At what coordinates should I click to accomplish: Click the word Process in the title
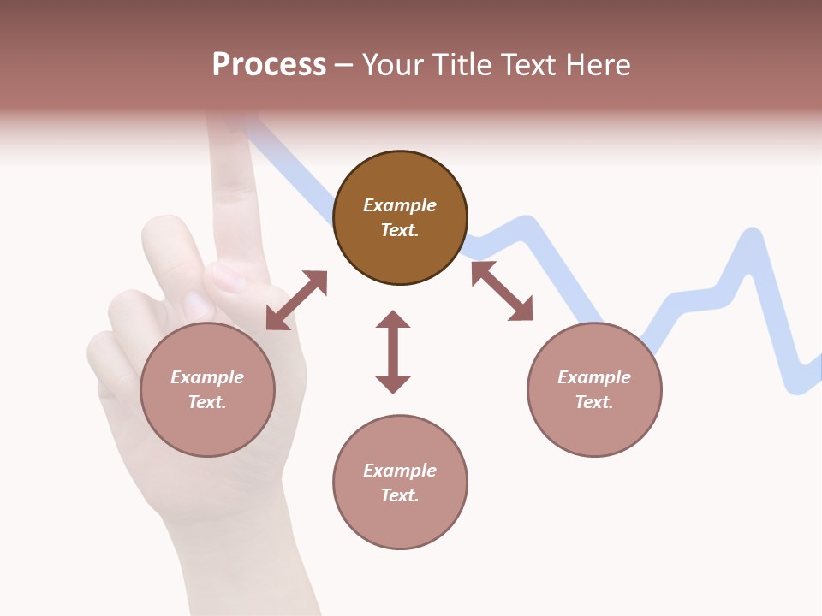coord(269,65)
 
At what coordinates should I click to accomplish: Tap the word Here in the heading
coord(596,65)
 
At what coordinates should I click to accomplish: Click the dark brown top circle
coord(400,218)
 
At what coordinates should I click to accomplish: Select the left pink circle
coord(207,389)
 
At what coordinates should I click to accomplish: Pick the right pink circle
coord(594,389)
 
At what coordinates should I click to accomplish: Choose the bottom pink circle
coord(400,483)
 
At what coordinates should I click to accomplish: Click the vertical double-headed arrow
coord(393,352)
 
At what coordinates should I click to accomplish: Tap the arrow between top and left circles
coord(296,300)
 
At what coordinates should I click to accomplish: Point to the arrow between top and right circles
coord(502,291)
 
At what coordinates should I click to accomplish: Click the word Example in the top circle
coord(400,205)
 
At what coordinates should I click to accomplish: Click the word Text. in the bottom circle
coord(400,495)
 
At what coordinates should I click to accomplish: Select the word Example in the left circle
coord(207,377)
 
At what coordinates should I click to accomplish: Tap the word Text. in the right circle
coord(594,402)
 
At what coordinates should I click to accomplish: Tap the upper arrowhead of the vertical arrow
coord(393,320)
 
